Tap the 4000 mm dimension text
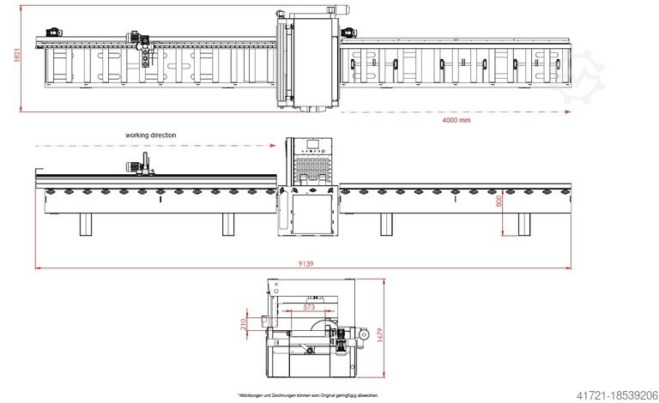click(456, 120)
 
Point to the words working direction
click(150, 135)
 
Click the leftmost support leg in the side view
click(86, 224)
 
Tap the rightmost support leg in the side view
click(523, 224)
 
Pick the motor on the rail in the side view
click(135, 168)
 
